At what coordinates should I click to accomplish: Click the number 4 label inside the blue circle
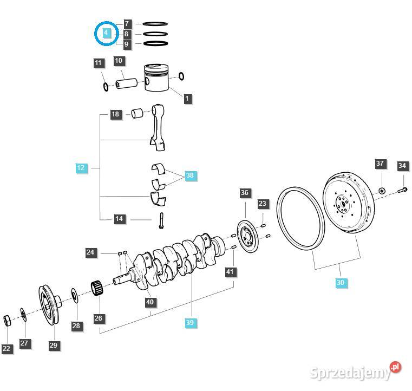(106, 33)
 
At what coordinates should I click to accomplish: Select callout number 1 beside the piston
(187, 99)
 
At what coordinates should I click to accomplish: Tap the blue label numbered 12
(81, 168)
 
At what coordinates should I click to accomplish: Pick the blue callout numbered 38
(189, 175)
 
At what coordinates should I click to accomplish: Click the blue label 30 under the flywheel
(340, 282)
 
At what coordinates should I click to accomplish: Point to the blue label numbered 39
(189, 323)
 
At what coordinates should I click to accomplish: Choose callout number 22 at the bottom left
(6, 349)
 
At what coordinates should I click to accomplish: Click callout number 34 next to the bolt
(402, 166)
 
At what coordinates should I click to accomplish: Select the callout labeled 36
(245, 193)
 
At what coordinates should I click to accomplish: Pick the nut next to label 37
(381, 190)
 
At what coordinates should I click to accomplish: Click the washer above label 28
(74, 296)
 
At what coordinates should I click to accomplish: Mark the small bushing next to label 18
(138, 114)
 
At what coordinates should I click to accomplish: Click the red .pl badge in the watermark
(396, 367)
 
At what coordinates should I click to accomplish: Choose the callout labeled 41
(231, 271)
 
